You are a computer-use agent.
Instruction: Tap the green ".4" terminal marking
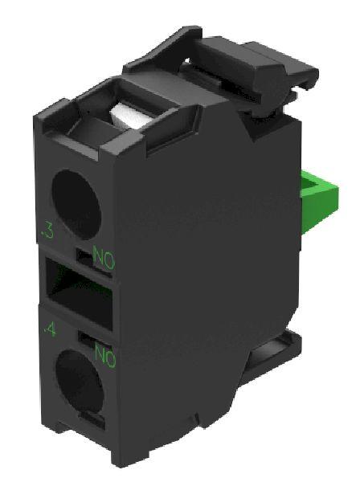(x=50, y=330)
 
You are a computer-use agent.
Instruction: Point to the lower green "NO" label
(x=105, y=355)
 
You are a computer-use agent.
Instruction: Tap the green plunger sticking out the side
(x=319, y=196)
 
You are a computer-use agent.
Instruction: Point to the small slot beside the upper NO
(x=84, y=256)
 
